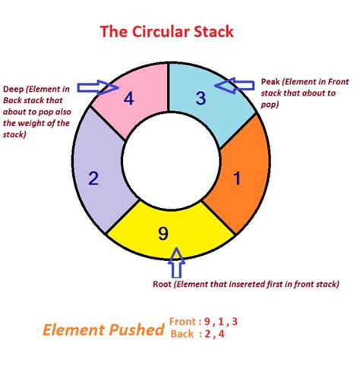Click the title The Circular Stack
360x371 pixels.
point(167,33)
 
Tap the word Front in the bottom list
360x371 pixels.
point(185,321)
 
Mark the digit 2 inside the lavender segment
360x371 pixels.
point(93,179)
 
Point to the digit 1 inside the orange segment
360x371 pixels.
point(236,179)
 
